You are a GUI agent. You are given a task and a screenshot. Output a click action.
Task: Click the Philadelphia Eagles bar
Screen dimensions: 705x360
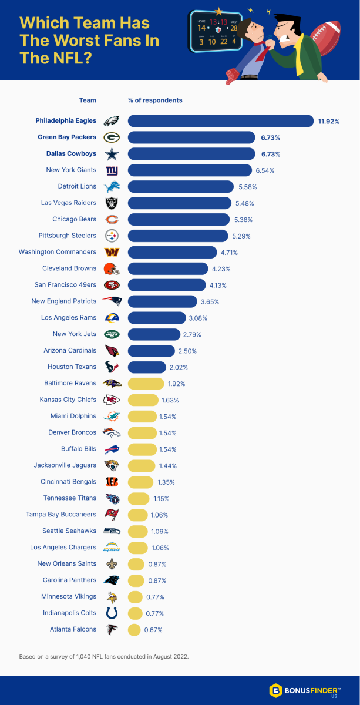pos(220,121)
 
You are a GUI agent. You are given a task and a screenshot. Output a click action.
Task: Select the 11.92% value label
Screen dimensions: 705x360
pos(329,122)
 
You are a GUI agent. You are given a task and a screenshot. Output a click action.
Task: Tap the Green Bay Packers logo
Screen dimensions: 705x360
pos(112,137)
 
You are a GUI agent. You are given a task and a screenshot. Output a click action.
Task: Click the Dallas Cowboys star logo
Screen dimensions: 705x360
pos(112,154)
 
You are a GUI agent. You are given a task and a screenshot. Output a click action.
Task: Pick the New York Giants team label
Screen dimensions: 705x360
pos(71,170)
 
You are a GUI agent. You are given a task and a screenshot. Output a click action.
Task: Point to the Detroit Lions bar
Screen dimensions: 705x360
pos(180,187)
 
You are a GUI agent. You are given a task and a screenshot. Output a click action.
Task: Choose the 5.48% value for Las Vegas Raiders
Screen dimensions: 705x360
pos(246,203)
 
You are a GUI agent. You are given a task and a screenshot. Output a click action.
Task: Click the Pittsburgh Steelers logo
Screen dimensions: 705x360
pos(112,236)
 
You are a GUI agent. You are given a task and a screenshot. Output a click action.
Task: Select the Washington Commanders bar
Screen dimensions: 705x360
pos(172,252)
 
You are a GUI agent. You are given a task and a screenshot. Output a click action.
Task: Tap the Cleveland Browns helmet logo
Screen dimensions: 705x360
pos(112,268)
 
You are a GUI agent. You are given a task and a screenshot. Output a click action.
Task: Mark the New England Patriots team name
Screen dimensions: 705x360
pos(63,301)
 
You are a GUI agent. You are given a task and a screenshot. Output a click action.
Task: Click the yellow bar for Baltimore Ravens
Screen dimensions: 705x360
pos(146,384)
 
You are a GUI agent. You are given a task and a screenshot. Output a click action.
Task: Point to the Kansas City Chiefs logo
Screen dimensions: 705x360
pos(112,400)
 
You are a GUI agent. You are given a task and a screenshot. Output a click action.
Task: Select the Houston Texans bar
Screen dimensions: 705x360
pos(147,367)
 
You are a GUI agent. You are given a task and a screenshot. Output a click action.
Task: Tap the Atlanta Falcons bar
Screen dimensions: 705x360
pos(134,629)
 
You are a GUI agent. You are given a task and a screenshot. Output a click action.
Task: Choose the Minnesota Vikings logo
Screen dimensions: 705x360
pos(112,596)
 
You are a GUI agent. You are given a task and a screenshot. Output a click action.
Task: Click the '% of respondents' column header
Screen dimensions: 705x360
pos(155,100)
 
